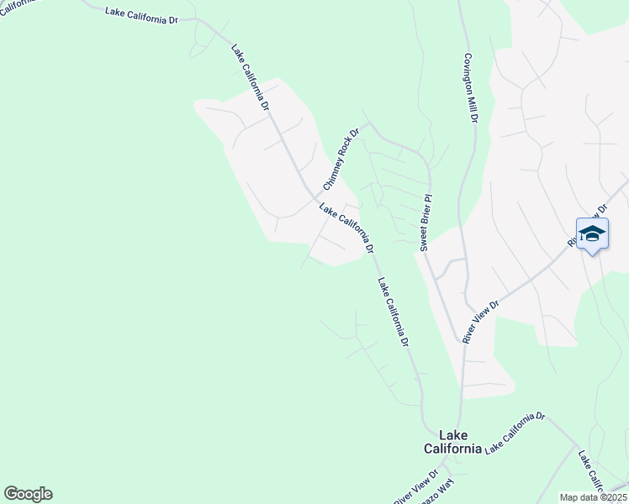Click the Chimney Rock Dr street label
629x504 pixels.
(341, 158)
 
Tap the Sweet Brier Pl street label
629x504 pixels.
(425, 223)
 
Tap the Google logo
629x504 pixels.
(28, 494)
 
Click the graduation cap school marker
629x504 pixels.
(592, 235)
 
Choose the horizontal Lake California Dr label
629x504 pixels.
(142, 14)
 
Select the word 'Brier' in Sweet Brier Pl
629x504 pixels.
(425, 221)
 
